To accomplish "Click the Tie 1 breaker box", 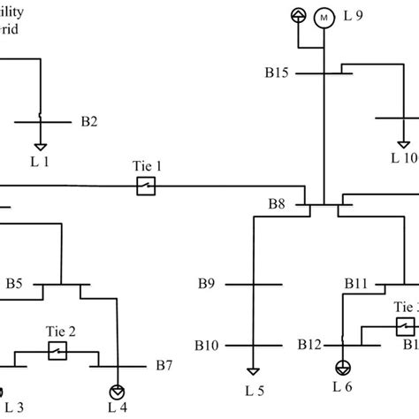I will coord(145,186).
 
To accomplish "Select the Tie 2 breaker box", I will coord(57,352).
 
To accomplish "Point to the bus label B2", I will coord(89,120).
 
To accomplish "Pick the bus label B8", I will coord(278,204).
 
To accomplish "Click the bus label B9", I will coord(207,285).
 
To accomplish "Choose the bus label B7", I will coord(164,364).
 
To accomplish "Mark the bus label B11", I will coord(355,285).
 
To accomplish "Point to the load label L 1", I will coord(41,162).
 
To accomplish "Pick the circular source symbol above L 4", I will coord(116,391).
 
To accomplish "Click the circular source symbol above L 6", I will coord(342,366).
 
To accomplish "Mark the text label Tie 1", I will coord(144,166).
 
